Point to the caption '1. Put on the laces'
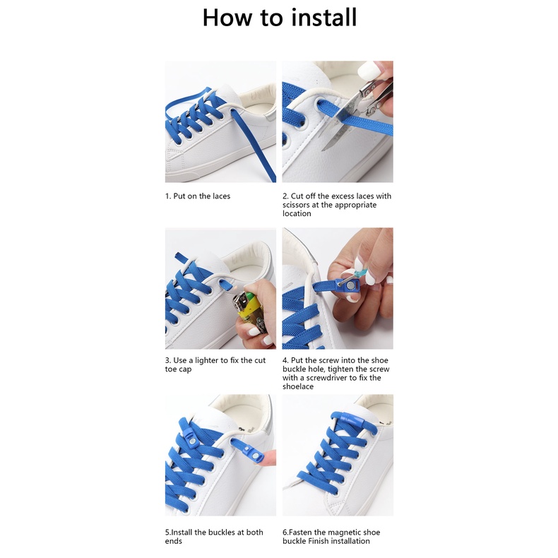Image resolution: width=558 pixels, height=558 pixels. [198, 196]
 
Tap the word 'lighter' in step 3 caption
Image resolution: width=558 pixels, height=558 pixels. [206, 360]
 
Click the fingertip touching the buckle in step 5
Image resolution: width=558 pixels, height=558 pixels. [271, 457]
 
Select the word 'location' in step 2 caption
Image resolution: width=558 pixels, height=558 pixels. [297, 213]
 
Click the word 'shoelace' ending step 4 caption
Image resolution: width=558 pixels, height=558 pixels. [298, 386]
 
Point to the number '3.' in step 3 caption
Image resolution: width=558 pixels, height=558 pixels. [168, 360]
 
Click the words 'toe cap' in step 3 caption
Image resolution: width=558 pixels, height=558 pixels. [178, 369]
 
